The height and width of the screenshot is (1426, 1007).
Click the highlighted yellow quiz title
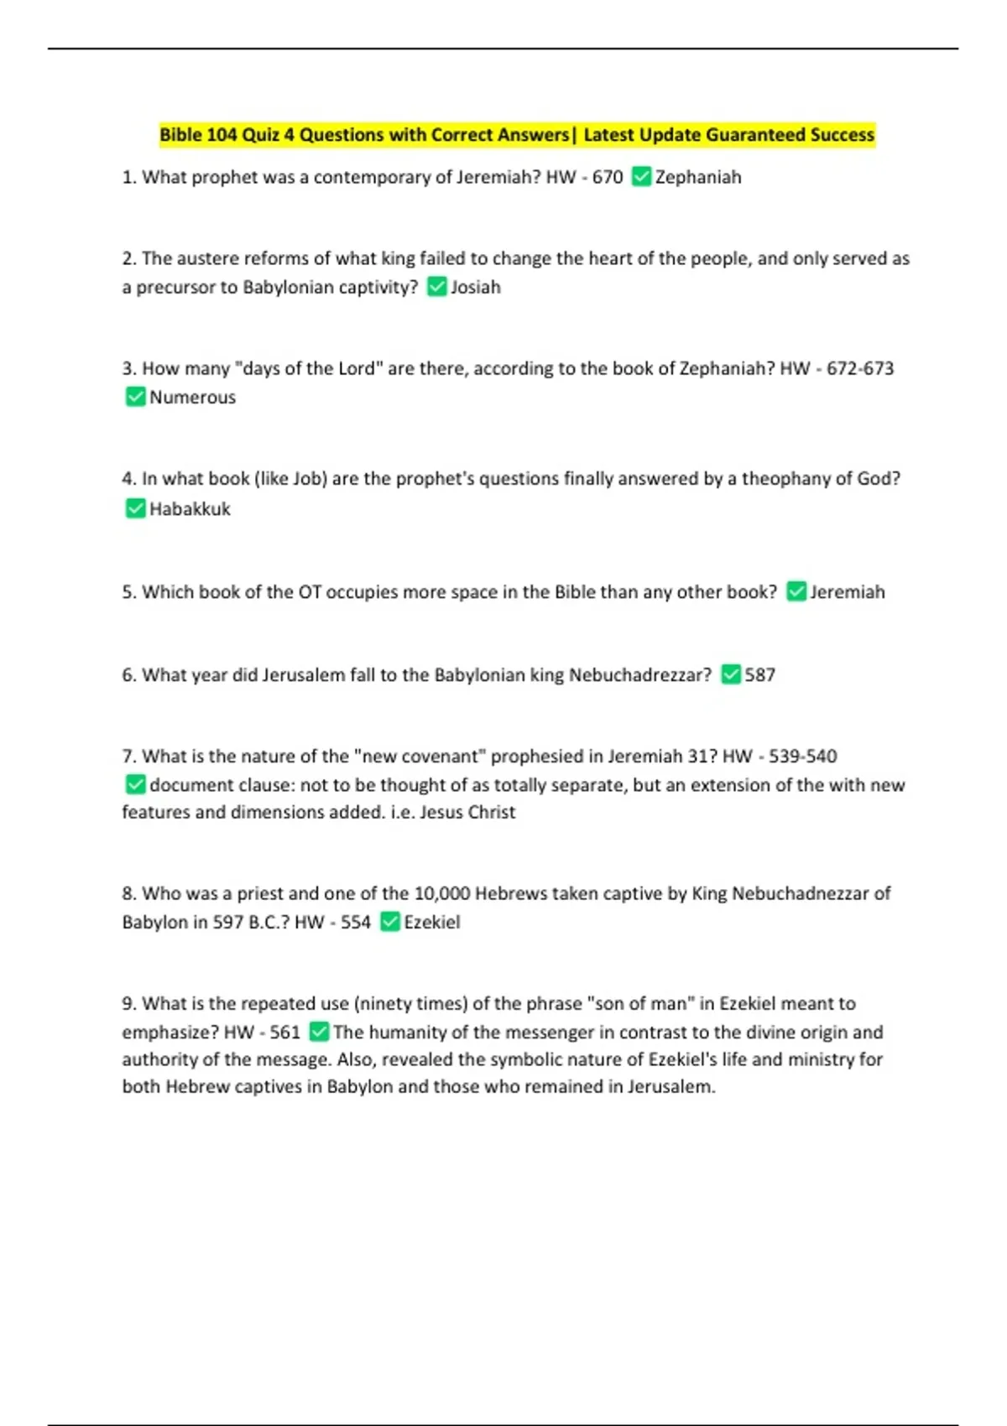pos(517,135)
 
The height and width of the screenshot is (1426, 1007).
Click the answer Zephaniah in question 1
pos(698,177)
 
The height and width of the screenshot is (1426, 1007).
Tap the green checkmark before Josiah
pos(436,287)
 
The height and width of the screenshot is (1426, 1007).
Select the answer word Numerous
pos(192,398)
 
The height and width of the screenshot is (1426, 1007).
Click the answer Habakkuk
pos(190,509)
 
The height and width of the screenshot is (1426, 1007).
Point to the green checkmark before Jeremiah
pos(796,592)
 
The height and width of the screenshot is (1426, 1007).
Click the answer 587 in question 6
pos(759,675)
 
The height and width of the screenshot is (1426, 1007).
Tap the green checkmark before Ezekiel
pos(389,922)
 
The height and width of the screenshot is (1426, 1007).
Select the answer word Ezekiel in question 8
pos(432,923)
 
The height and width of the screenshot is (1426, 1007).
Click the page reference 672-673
pos(860,368)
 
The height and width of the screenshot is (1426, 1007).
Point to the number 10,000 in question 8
pos(442,893)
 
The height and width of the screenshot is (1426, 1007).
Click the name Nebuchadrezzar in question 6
pos(639,675)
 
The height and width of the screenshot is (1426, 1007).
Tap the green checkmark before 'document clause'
pos(134,785)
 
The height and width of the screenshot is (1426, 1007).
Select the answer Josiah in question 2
pos(476,287)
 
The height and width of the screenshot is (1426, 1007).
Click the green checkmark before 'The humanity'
pos(319,1032)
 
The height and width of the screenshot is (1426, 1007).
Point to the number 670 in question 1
pos(608,177)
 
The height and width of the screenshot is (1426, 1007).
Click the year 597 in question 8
pos(227,923)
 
